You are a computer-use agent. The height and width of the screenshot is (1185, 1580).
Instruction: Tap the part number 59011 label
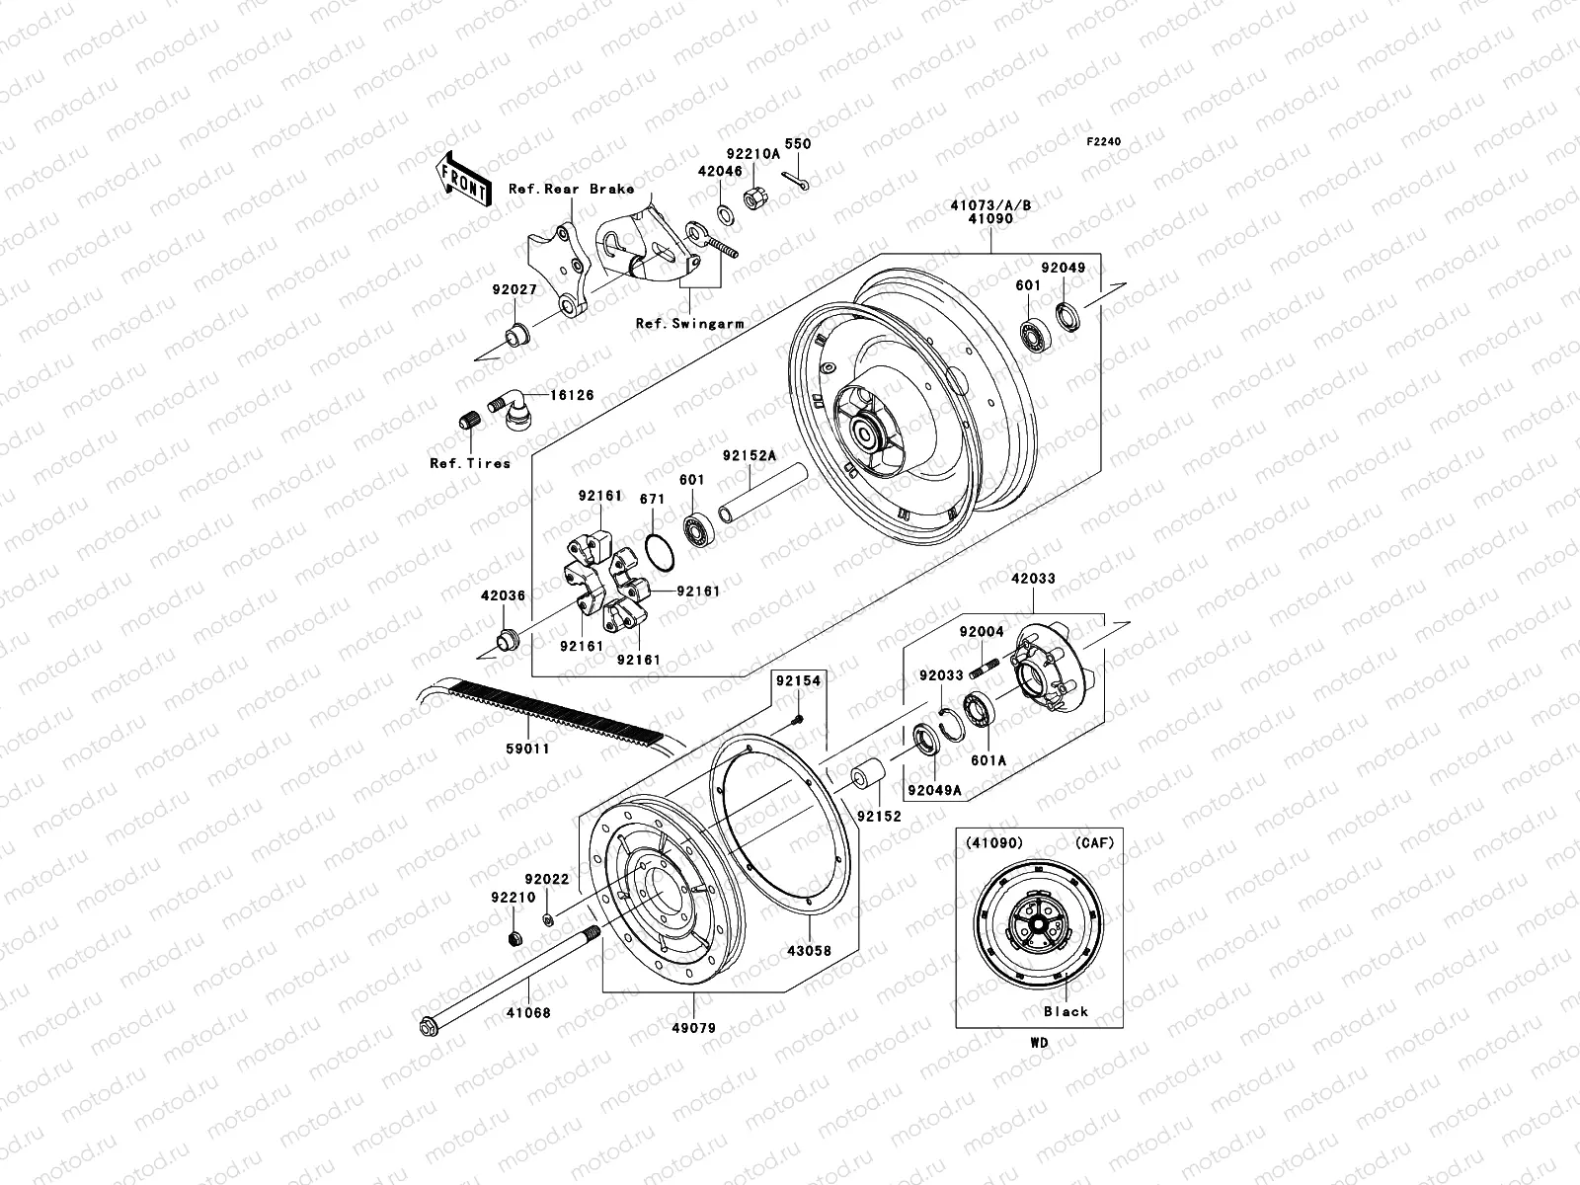click(x=529, y=750)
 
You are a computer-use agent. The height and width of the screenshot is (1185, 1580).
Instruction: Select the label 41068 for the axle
click(x=529, y=1012)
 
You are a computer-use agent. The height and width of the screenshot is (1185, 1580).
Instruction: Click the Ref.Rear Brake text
click(x=598, y=189)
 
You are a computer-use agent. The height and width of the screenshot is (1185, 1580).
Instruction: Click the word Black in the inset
click(x=1066, y=1011)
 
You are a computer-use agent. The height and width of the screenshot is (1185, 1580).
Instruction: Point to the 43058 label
click(x=810, y=951)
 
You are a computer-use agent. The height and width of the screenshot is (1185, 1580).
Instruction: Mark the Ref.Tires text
click(x=470, y=463)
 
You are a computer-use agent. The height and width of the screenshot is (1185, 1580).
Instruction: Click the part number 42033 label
click(x=1032, y=581)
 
